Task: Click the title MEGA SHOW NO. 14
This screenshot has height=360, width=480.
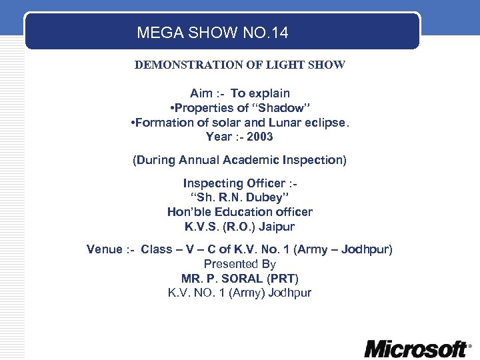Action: (212, 32)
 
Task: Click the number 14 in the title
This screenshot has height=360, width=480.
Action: (277, 32)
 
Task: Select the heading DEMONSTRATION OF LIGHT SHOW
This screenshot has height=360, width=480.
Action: (239, 65)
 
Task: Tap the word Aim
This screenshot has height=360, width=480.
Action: (201, 93)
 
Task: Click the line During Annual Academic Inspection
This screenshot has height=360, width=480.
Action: (239, 160)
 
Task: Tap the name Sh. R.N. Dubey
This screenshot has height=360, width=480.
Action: (239, 197)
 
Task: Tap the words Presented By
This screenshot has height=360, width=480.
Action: (239, 264)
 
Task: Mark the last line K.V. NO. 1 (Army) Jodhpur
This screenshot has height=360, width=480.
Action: (239, 293)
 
